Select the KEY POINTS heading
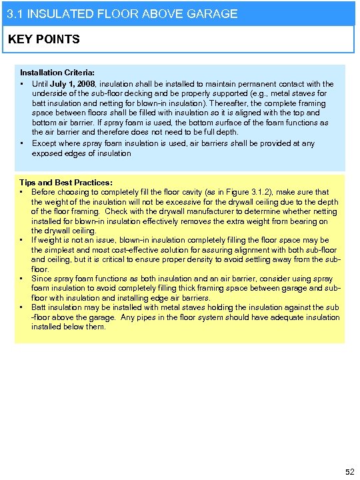pos(43,39)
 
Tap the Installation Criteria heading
pos(57,72)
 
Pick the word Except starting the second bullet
pos(44,143)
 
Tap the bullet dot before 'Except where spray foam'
pos(23,143)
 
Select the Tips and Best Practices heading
pos(65,182)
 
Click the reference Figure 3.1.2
pos(243,192)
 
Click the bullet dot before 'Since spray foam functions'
pos(23,278)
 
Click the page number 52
pos(349,472)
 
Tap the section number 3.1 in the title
pos(13,13)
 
